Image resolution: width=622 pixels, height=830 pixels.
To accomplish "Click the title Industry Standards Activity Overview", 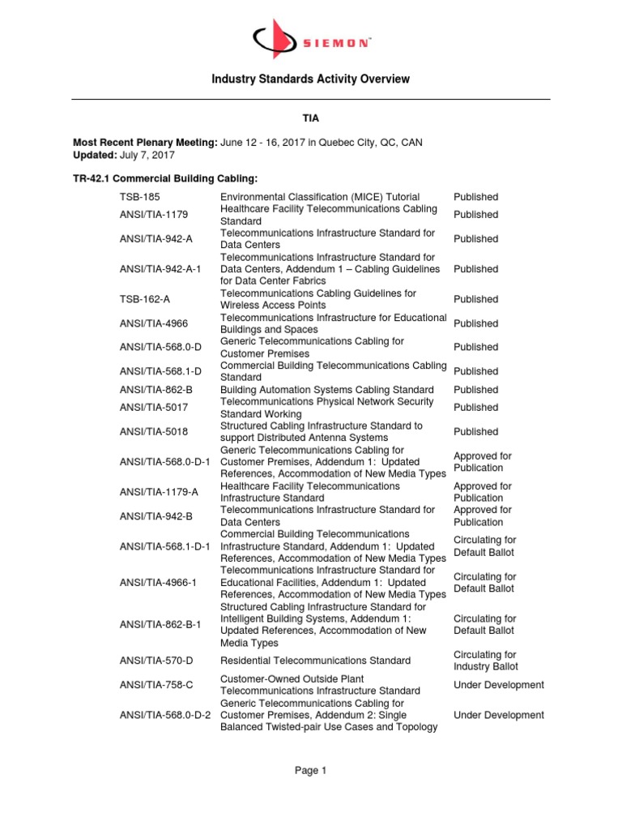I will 310,79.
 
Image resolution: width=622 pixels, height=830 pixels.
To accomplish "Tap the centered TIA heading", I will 311,118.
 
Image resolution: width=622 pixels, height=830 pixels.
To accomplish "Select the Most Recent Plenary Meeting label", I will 145,143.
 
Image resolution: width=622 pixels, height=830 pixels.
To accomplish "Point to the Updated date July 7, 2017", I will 152,155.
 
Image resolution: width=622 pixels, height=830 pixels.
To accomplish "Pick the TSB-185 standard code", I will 138,197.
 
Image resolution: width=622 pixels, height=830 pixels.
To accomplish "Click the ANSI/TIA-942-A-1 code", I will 159,269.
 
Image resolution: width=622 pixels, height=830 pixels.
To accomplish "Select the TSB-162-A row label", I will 145,299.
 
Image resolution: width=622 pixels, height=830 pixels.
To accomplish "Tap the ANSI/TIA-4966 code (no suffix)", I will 153,323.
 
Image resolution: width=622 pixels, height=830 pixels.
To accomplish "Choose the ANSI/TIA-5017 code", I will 153,408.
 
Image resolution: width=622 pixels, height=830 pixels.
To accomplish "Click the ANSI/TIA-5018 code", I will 153,432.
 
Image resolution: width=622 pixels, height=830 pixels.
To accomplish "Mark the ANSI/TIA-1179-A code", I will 159,492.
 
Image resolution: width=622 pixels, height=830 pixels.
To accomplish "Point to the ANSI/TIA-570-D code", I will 156,661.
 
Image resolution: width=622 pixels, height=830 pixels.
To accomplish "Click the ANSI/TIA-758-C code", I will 156,685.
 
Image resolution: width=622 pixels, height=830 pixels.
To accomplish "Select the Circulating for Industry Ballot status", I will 486,661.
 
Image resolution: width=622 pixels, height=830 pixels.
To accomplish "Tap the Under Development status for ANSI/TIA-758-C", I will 499,685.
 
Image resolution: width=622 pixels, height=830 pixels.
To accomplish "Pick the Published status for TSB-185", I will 475,197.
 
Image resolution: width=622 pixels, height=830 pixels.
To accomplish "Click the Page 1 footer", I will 310,771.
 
